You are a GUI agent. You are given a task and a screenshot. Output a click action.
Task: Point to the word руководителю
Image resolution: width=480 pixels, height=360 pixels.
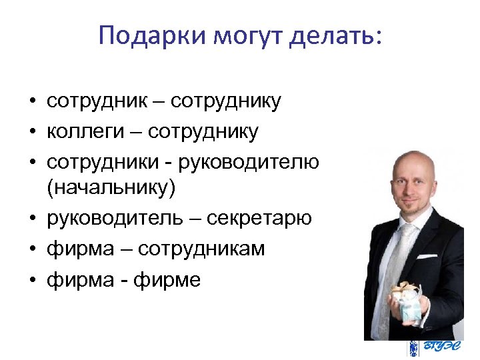(256, 161)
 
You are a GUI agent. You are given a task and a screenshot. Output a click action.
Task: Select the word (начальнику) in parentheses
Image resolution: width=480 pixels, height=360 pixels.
(111, 189)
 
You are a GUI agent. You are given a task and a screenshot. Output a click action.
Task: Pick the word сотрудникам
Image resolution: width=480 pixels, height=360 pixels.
(207, 249)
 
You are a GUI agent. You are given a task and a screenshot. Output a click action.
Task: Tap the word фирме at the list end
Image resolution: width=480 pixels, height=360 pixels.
(167, 279)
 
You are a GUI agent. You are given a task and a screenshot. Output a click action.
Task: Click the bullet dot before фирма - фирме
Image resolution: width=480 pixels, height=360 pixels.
(31, 280)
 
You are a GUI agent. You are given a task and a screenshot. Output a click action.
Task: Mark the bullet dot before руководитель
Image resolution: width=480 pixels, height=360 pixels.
(31, 219)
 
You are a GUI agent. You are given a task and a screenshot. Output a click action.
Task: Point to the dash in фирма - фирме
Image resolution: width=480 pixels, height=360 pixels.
(126, 280)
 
